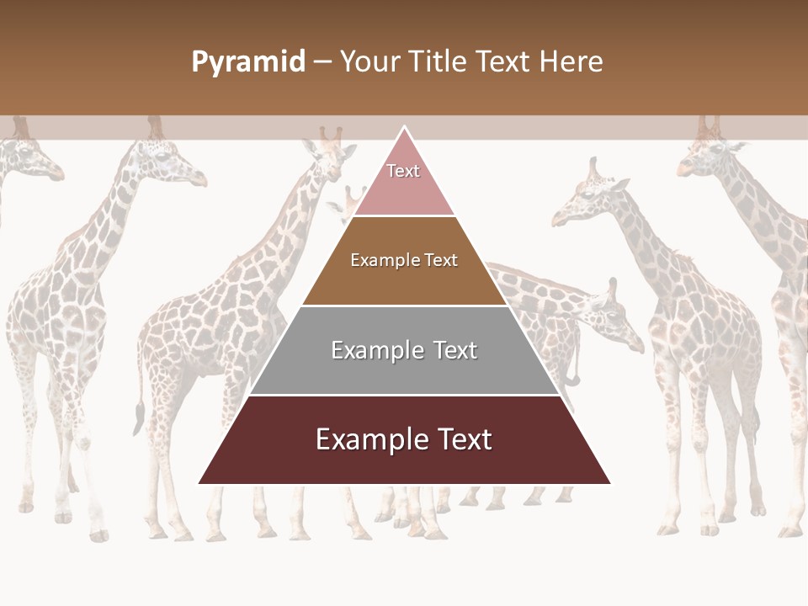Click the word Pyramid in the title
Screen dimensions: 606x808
click(x=248, y=62)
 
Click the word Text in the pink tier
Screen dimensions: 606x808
click(x=403, y=171)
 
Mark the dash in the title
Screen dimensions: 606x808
click(x=322, y=62)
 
